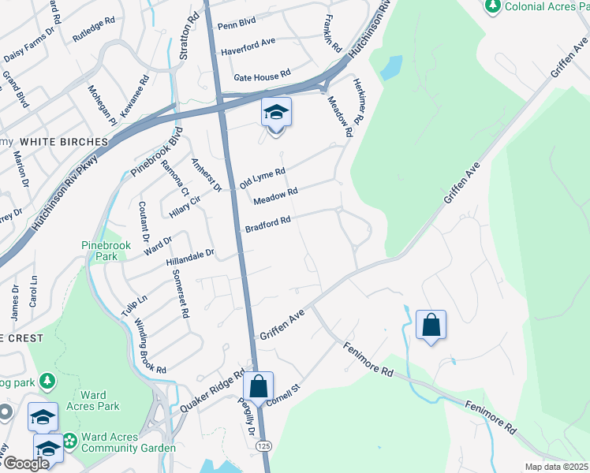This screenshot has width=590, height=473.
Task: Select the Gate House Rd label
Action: tap(263, 77)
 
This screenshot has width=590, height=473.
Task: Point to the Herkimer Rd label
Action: tap(357, 102)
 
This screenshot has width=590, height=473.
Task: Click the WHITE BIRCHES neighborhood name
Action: tap(63, 142)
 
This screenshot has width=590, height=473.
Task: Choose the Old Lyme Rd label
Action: tap(262, 177)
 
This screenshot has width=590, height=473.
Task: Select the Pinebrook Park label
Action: tap(105, 251)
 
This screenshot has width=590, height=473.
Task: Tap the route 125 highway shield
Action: tap(263, 446)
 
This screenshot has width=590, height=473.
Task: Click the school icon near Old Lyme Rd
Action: tap(276, 114)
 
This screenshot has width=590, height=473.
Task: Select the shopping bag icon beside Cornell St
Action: tap(257, 387)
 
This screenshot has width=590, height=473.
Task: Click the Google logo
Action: tap(26, 464)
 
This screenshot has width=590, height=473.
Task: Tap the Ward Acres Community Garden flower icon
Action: tap(70, 439)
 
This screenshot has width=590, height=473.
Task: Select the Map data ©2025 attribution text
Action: tap(557, 467)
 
